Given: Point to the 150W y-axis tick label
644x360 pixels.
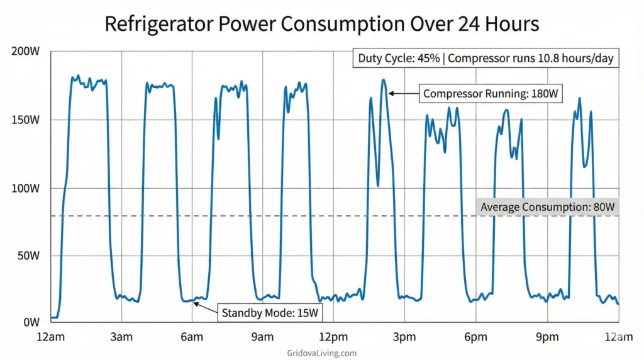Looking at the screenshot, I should [26, 120].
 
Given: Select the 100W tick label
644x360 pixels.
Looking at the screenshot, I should [26, 188].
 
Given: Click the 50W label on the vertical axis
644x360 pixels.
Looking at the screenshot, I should [28, 256].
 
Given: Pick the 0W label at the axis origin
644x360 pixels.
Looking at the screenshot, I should [31, 323].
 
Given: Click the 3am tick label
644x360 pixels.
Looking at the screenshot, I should [121, 337].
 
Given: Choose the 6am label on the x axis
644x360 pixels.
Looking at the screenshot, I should [192, 337].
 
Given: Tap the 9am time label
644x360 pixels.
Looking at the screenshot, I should [262, 337].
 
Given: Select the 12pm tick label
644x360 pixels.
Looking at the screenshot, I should [333, 337].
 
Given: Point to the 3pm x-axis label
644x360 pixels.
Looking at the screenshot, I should [404, 337].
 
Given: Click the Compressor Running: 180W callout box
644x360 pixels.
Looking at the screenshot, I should [491, 94].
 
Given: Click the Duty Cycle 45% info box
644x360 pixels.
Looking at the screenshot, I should [486, 59].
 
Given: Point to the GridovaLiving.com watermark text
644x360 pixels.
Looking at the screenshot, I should [322, 353].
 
